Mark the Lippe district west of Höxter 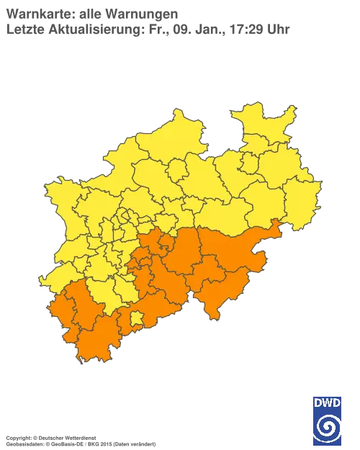(x=277, y=173)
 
